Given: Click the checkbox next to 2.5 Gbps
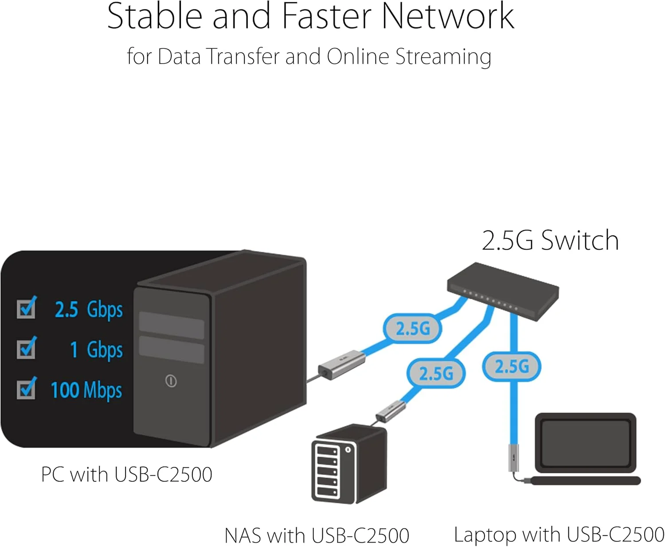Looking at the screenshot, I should tap(26, 309).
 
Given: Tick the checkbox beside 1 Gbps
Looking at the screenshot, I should tap(26, 349).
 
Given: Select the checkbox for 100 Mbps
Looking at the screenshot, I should tap(26, 389).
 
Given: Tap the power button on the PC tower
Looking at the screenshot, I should tap(171, 381).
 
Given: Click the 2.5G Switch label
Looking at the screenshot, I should tap(550, 241).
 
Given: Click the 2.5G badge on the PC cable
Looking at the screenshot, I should tap(413, 328).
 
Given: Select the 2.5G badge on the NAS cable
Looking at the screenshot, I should tap(436, 373).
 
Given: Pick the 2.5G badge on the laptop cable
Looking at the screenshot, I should tap(512, 367).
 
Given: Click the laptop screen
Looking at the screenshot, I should tap(586, 442).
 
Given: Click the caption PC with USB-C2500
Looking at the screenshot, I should tap(126, 474).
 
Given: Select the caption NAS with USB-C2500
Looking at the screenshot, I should tap(317, 535).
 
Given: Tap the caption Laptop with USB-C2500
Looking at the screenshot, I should tap(559, 535).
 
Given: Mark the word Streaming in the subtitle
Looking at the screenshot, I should tap(443, 57).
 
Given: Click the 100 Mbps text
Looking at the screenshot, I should tap(86, 390).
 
